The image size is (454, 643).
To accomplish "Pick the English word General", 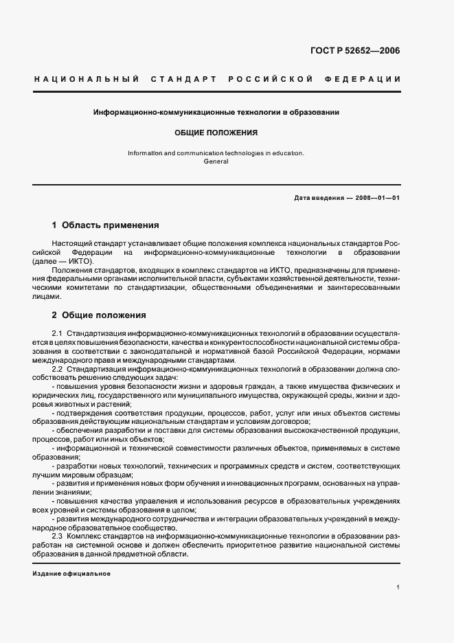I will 216,161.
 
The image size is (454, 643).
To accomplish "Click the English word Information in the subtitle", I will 145,153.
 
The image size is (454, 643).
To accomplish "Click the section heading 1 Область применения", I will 106,225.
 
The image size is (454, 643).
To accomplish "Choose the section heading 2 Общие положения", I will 99,315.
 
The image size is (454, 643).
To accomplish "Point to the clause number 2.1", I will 58,333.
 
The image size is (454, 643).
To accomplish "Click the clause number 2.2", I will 58,369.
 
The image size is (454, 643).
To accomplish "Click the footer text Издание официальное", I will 71,574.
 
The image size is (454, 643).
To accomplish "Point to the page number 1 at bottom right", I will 398,587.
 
